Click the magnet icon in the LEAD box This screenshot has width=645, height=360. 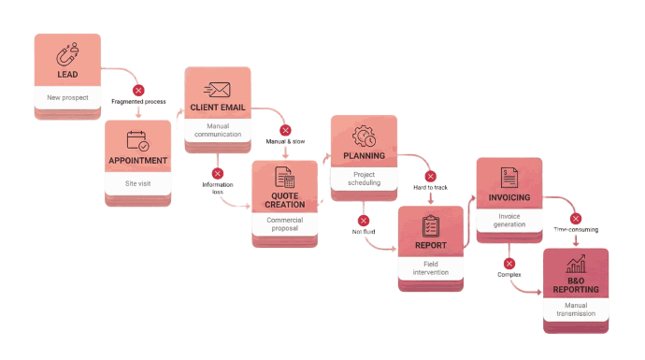coord(67,53)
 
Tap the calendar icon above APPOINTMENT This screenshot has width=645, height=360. coord(137,141)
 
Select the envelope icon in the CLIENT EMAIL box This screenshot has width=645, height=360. coord(218,90)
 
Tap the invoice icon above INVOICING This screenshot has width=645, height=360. coord(509,178)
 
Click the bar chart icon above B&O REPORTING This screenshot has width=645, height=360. coord(576,266)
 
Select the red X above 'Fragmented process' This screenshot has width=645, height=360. coord(138,91)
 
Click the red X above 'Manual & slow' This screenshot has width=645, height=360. coord(285,130)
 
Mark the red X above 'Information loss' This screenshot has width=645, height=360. coord(217,173)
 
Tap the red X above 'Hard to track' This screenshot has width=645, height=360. coord(430,176)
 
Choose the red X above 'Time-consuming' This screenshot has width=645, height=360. coord(576,219)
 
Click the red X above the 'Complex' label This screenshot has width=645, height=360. coord(509,264)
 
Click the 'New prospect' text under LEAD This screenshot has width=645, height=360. coord(67,97)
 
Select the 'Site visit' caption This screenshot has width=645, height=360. coord(137,183)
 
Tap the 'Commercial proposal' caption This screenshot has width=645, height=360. coord(284,225)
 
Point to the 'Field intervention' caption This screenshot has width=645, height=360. coord(431,267)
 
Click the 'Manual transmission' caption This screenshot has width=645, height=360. coord(576,310)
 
